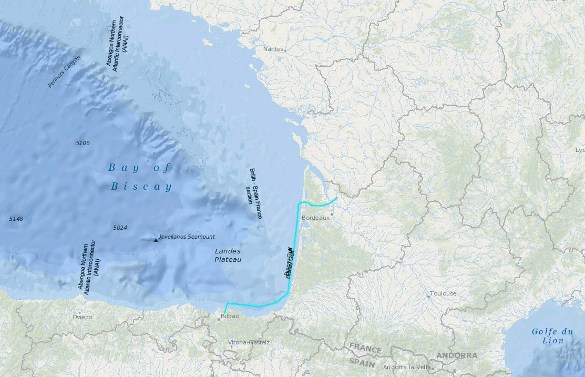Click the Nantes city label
tap(273, 49)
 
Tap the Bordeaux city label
tap(315, 217)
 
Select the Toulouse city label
tap(443, 293)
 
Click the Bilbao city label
tap(230, 316)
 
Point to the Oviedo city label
tap(82, 317)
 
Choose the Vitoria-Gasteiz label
tap(249, 342)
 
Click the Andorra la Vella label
tap(407, 367)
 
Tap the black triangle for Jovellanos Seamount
tap(156, 240)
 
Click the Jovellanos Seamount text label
tap(187, 237)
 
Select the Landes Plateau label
tap(228, 256)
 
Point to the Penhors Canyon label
tap(64, 72)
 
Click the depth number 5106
tap(83, 143)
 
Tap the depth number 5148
tap(16, 218)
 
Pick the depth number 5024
tap(120, 228)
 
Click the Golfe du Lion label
tap(552, 336)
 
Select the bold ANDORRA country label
tap(457, 355)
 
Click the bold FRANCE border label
tap(365, 349)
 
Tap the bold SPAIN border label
tap(362, 363)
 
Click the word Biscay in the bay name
tap(141, 187)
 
